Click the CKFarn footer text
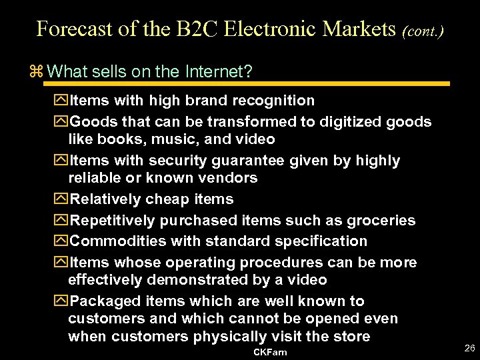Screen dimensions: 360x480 point(270,351)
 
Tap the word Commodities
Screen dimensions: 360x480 point(118,241)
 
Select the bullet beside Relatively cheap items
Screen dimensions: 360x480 point(62,199)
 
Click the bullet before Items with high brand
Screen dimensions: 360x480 point(62,101)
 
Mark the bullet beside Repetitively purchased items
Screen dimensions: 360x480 point(62,220)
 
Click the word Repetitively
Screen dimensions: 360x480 point(111,220)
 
